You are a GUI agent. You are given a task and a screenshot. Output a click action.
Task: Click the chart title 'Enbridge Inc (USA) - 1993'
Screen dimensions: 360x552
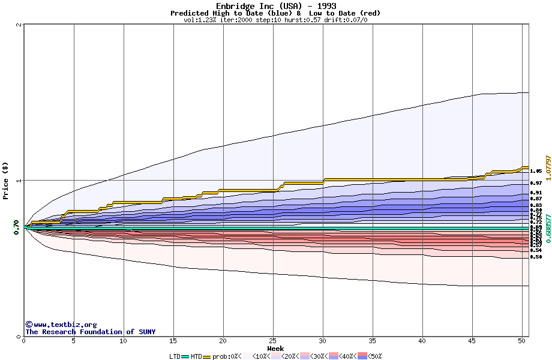point(275,6)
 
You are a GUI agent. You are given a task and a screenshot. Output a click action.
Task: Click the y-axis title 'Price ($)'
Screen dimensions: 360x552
point(5,181)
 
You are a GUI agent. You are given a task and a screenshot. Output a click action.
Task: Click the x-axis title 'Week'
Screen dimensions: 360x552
point(275,349)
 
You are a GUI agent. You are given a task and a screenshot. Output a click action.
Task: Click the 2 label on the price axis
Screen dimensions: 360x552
point(19,25)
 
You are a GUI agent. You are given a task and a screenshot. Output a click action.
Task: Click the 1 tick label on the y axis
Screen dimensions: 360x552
point(19,181)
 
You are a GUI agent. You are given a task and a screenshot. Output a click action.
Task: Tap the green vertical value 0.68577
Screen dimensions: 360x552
point(548,227)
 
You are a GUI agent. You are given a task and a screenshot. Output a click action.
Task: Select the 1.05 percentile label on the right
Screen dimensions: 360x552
point(536,171)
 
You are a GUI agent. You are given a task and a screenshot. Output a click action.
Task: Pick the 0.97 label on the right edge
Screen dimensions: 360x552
point(536,183)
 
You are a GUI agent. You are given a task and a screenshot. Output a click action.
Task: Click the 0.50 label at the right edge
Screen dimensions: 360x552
point(536,257)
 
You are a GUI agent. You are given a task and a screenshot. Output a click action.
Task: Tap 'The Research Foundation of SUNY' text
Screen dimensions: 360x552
point(90,332)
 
